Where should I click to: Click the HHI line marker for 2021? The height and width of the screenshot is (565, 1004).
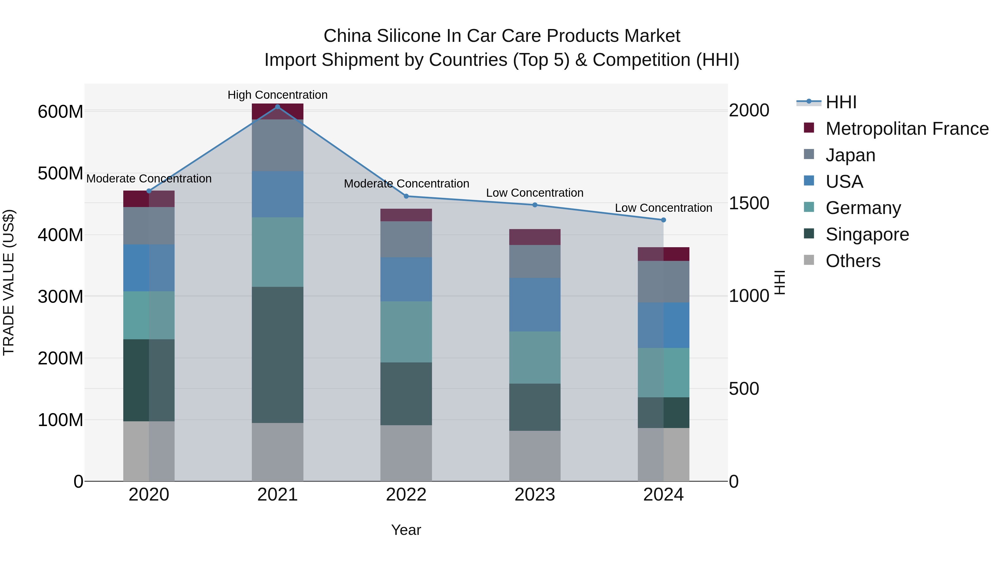click(x=277, y=107)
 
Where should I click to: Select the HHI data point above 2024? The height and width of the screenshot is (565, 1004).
click(x=663, y=220)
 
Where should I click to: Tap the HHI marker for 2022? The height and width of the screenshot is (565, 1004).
click(x=406, y=196)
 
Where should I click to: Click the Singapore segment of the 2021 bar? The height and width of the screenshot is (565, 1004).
click(x=277, y=355)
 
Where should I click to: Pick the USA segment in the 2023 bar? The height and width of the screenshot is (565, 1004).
click(x=535, y=304)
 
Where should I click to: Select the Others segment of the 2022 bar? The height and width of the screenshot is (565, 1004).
click(x=406, y=453)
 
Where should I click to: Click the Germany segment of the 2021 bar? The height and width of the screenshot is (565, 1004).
click(x=277, y=252)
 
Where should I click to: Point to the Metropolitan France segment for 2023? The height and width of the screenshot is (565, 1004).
click(x=535, y=237)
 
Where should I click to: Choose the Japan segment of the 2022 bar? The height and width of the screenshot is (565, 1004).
click(x=406, y=239)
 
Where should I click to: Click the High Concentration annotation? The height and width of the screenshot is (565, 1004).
click(x=277, y=95)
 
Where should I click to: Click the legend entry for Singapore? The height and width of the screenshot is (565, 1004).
click(x=867, y=234)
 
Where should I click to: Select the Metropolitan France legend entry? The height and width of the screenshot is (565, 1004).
click(x=907, y=129)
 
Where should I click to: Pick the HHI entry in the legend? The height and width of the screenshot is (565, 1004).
click(x=841, y=102)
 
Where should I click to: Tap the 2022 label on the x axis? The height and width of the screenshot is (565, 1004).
click(x=406, y=495)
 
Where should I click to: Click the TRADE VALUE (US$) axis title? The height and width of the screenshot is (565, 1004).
click(x=9, y=282)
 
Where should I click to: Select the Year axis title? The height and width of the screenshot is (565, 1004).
click(x=406, y=530)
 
